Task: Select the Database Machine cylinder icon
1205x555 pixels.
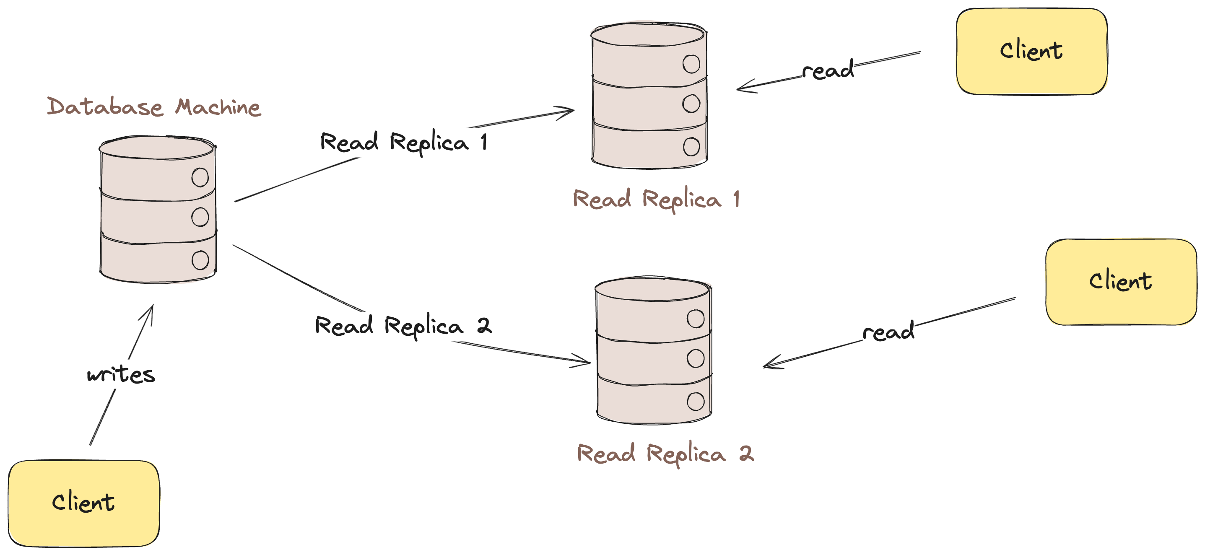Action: [158, 210]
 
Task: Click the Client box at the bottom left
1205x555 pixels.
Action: [84, 503]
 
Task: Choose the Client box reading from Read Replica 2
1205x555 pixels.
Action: [1120, 281]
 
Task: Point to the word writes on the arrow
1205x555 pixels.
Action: [121, 374]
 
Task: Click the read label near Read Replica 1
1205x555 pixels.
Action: [828, 70]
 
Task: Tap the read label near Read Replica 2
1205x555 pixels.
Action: [888, 332]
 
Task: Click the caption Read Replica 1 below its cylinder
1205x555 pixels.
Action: [656, 199]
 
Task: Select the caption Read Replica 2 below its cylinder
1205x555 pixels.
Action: [665, 454]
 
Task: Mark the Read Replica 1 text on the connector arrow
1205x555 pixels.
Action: [403, 142]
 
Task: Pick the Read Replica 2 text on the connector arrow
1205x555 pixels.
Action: [403, 326]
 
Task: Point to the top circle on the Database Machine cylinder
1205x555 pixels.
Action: [200, 178]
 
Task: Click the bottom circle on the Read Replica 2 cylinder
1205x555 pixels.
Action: [696, 401]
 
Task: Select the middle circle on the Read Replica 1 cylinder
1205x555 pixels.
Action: [691, 104]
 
